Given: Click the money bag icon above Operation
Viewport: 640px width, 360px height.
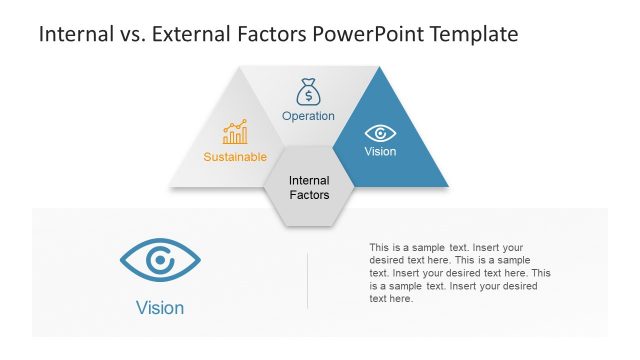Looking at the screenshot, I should click(308, 92).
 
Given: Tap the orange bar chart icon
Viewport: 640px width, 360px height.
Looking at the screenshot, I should click(235, 133).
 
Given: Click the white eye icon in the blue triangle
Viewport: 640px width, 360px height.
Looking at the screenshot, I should click(380, 133).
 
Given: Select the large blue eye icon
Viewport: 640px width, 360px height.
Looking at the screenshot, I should click(160, 261).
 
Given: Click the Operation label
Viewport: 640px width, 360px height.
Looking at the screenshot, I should click(308, 116).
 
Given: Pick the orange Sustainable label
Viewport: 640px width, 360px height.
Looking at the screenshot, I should click(235, 157).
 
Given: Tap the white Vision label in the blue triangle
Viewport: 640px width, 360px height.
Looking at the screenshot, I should click(380, 152).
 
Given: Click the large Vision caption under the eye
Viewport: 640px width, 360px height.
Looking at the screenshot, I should click(160, 308).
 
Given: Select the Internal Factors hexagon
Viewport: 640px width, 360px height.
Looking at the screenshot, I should click(309, 187).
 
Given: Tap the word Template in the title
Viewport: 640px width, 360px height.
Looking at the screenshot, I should click(473, 35).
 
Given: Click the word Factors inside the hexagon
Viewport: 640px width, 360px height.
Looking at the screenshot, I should click(309, 195).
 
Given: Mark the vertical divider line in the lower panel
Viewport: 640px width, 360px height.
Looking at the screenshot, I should click(307, 280).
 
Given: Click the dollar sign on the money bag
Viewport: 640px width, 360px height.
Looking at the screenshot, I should click(308, 96).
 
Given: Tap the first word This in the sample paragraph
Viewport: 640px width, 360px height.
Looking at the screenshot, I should click(379, 247).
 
